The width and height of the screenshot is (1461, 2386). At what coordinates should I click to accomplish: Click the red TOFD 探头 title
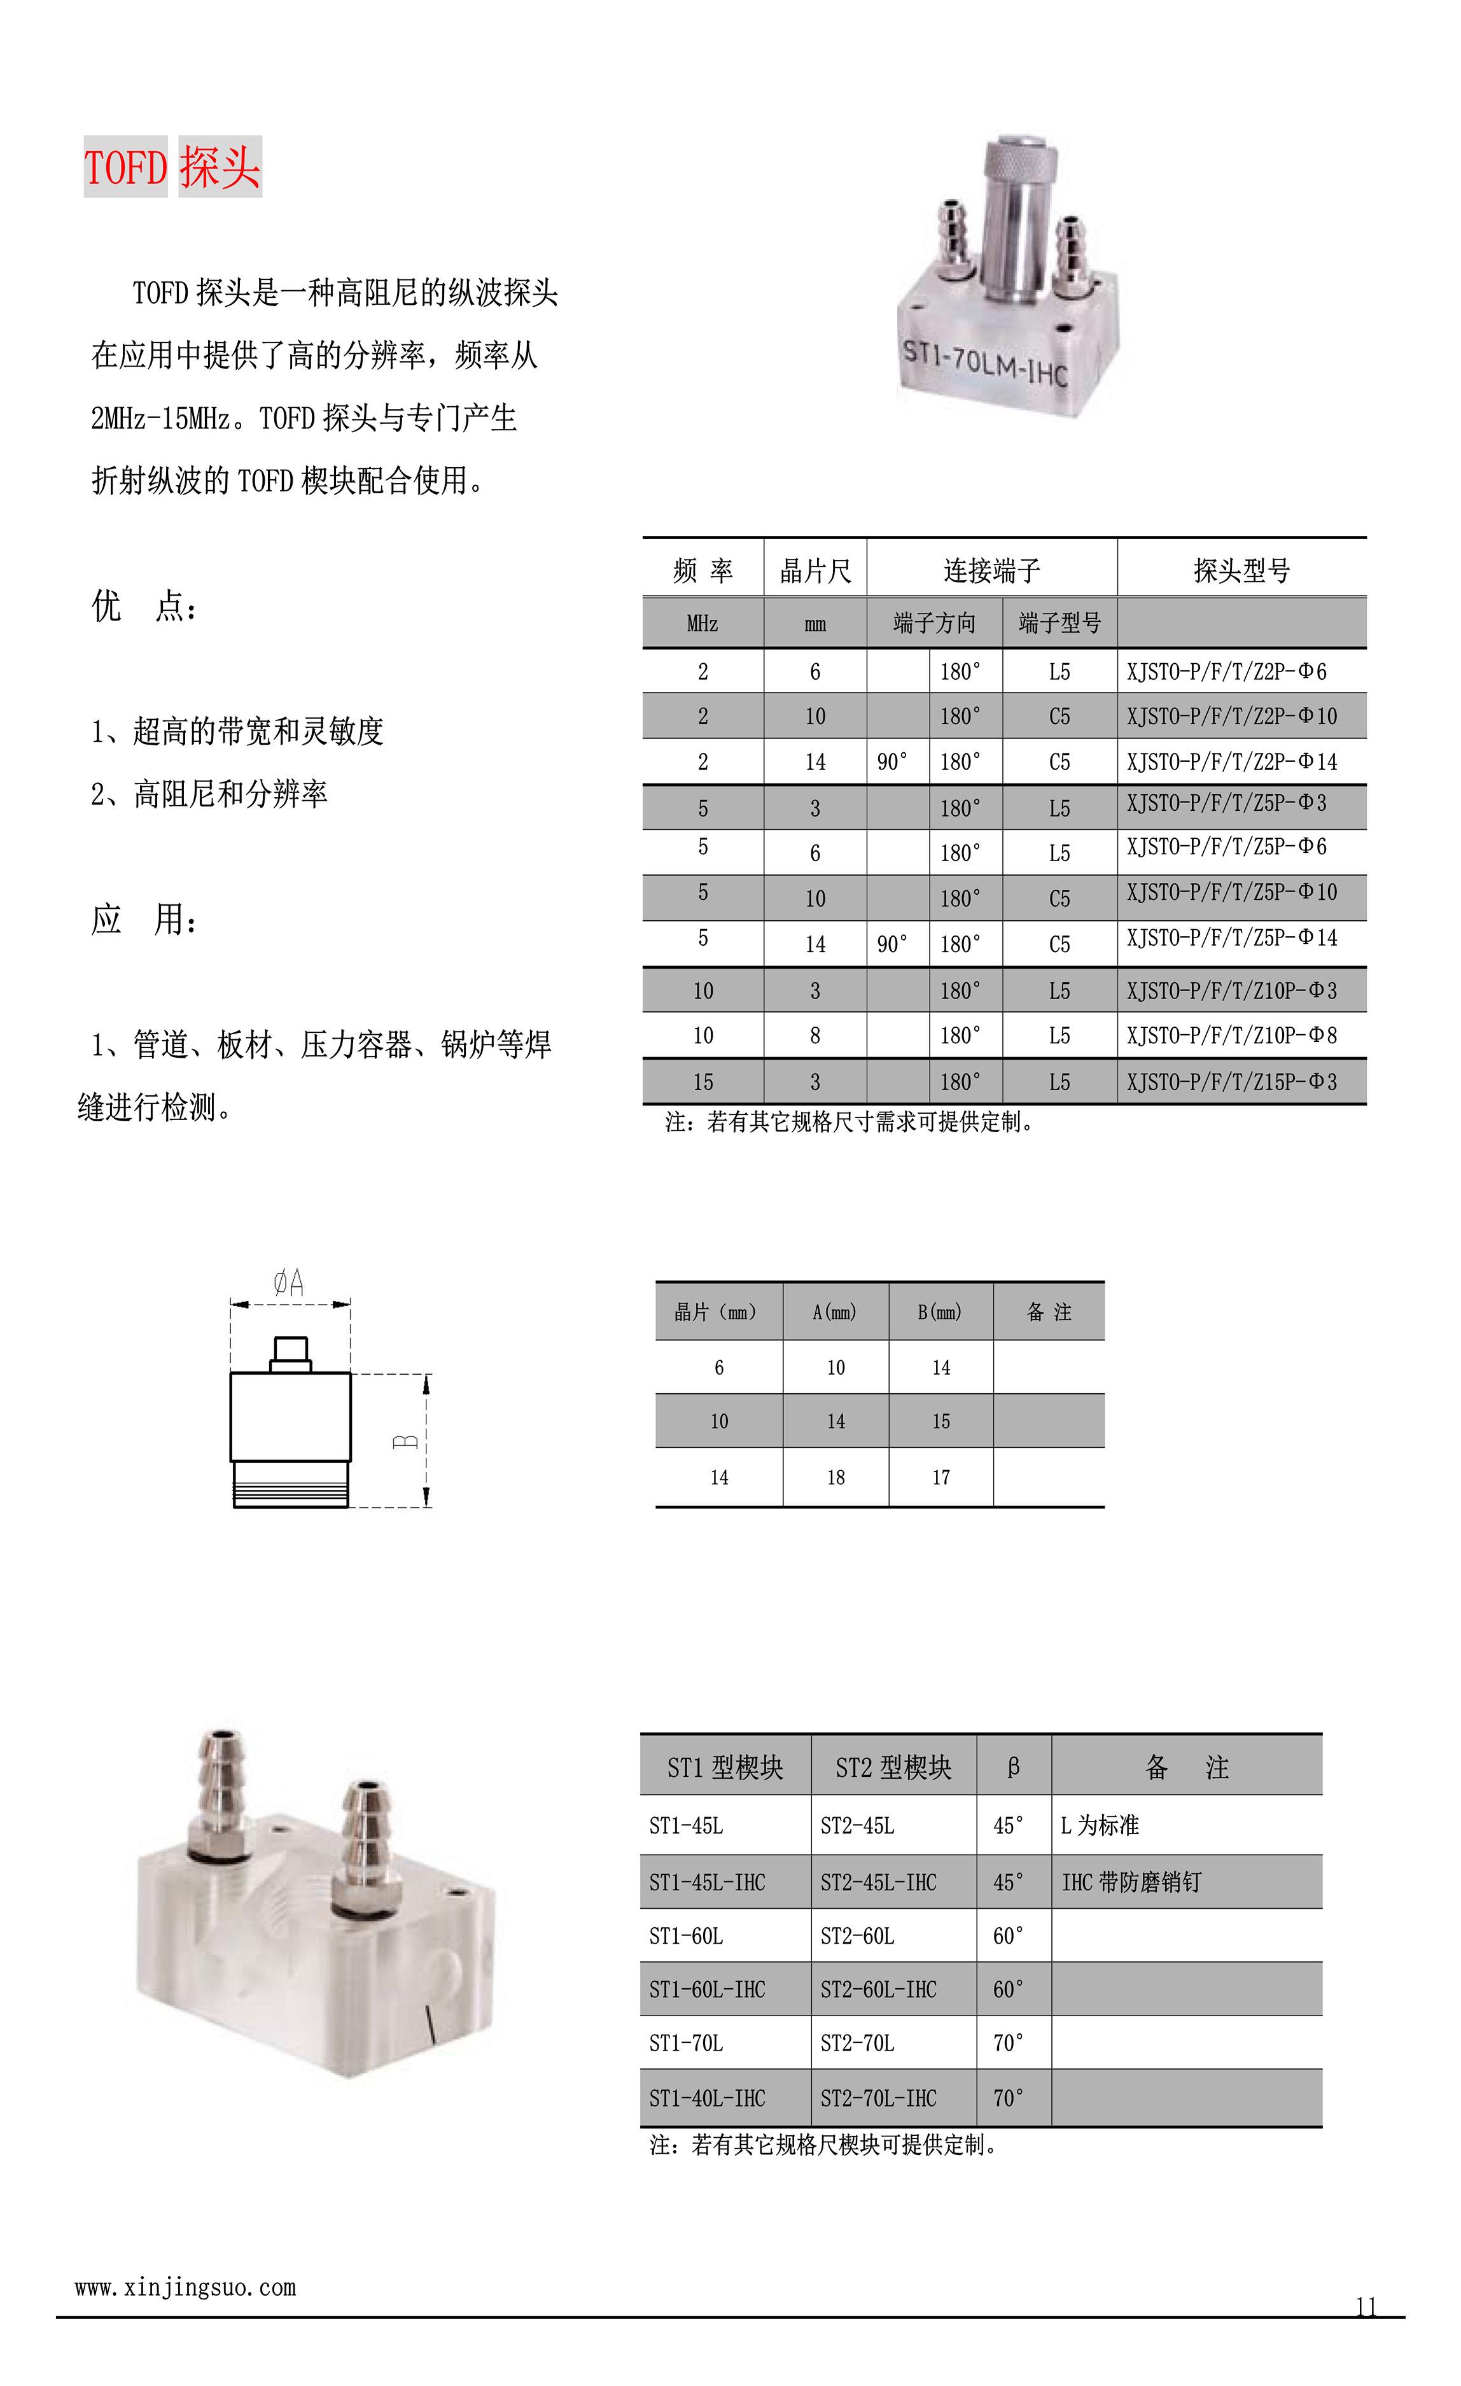pos(172,167)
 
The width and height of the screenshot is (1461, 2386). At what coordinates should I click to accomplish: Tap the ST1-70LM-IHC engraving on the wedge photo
pos(984,362)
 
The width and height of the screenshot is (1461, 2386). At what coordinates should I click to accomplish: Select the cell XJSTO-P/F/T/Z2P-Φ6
pos(1226,671)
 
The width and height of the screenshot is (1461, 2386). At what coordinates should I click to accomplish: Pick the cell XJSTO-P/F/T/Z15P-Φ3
pos(1231,1082)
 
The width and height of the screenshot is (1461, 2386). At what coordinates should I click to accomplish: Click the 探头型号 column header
pos(1241,570)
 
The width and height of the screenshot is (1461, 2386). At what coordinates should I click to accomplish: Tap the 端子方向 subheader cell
pos(933,622)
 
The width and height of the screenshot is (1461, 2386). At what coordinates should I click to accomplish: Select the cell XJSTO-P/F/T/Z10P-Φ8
pos(1231,1035)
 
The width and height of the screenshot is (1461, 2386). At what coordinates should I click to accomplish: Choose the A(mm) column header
pos(835,1312)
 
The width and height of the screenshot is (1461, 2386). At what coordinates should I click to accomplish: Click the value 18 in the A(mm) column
pos(835,1477)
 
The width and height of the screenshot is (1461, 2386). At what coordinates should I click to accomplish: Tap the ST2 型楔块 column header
pos(893,1767)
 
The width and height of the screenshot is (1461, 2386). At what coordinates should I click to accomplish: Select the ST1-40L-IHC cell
pos(707,2098)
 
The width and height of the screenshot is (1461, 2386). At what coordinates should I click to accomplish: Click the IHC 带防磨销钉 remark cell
pos(1131,1881)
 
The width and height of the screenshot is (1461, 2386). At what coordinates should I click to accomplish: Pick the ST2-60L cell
pos(857,1935)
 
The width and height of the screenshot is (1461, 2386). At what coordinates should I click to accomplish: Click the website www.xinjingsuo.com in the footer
pos(185,2287)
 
